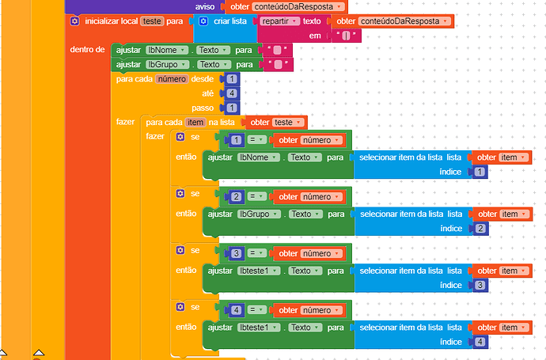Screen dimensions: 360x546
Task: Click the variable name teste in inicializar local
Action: click(x=151, y=21)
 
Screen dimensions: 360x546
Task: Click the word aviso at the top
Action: click(x=205, y=6)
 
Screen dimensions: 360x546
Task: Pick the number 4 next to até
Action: click(x=231, y=93)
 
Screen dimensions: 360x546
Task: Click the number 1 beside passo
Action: click(x=231, y=108)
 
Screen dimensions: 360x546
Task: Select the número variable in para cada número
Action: click(x=171, y=79)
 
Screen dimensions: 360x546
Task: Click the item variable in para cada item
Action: click(x=195, y=122)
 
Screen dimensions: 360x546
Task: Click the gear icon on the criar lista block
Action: click(x=203, y=21)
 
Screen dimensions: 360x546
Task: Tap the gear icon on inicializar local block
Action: click(x=74, y=21)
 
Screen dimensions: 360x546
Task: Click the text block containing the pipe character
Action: click(x=344, y=36)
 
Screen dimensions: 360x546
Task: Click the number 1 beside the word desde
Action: click(x=231, y=79)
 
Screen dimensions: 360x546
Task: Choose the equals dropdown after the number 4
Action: click(x=257, y=310)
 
